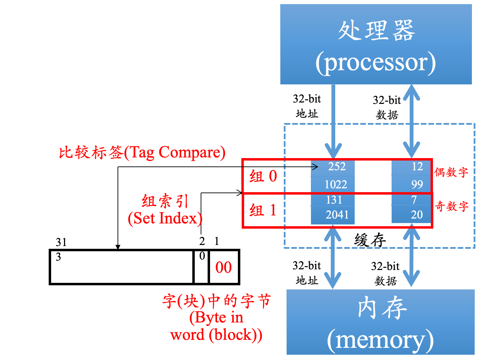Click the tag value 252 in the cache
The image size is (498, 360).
[337, 166]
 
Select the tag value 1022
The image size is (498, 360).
[336, 184]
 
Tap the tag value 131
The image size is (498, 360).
[334, 200]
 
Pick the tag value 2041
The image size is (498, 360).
[337, 214]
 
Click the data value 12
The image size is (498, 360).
[417, 166]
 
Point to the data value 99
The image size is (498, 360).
[417, 184]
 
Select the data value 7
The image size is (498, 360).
[414, 200]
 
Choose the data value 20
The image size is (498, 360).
[417, 214]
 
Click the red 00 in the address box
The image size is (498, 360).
[223, 267]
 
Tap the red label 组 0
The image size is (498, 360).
[263, 176]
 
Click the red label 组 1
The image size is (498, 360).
[263, 210]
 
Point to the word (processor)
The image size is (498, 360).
[376, 63]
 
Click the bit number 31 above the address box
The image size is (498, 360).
[61, 242]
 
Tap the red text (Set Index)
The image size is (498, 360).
[165, 218]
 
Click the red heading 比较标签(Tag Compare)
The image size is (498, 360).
[142, 153]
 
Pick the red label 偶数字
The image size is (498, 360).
[451, 172]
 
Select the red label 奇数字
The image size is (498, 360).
[451, 206]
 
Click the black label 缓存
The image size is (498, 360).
[370, 240]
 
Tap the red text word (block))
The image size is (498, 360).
[216, 335]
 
